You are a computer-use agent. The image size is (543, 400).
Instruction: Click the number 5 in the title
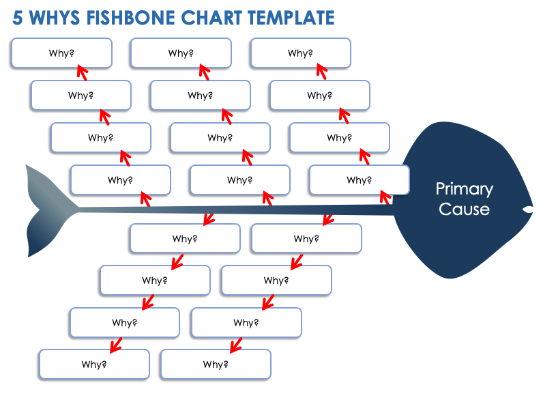coord(18,18)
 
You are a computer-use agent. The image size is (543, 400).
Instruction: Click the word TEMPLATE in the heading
coord(297,18)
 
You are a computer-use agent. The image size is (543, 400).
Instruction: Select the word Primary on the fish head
coord(464,189)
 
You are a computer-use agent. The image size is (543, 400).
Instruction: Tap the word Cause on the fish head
coord(464,209)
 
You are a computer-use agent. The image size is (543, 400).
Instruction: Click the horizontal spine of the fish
coord(239,210)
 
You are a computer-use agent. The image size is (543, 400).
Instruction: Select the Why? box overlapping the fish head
coord(359,180)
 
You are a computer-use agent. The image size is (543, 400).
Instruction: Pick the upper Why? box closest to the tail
coord(120,180)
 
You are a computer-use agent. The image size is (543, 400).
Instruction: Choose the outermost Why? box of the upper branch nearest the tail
coord(61,53)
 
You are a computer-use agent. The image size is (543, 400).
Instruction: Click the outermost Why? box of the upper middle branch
coord(181,53)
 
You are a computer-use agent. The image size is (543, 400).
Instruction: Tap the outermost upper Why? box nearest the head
coord(300,53)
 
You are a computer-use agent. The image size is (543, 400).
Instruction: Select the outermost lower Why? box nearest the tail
coord(94,364)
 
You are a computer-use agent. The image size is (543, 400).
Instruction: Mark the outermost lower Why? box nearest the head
coord(216,364)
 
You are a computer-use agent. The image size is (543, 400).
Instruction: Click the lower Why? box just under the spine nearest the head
coord(306,239)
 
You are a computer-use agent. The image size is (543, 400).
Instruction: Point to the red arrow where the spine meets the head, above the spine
coord(385,198)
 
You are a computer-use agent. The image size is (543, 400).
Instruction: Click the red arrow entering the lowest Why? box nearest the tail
coord(115,343)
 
